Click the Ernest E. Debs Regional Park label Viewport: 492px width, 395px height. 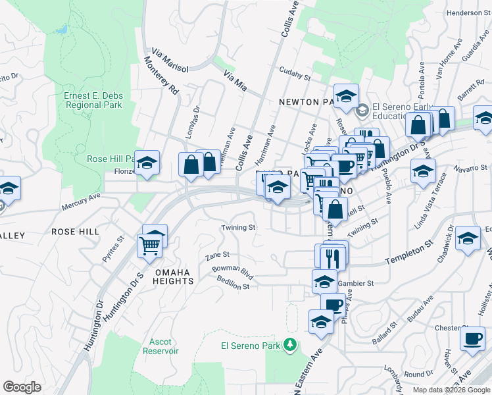click(x=93, y=100)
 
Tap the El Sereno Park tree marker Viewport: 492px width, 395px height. click(x=289, y=344)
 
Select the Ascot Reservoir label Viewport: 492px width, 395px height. click(x=160, y=346)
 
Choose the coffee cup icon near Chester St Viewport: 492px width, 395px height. click(x=472, y=338)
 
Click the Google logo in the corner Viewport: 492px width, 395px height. click(x=22, y=387)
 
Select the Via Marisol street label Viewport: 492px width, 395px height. click(x=170, y=60)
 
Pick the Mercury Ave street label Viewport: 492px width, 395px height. click(x=81, y=201)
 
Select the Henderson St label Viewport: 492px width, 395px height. click(x=464, y=13)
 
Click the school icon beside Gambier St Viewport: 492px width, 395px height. click(x=324, y=282)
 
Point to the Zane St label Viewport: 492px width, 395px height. click(x=217, y=254)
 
